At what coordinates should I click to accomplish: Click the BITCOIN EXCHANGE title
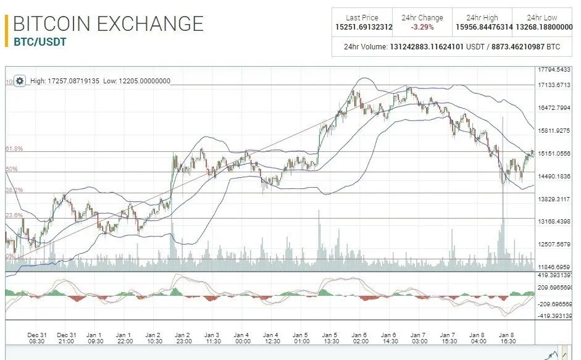(108, 23)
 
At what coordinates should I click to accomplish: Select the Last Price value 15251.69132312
(362, 27)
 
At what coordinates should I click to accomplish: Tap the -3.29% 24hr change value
(422, 27)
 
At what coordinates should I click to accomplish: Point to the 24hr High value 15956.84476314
(483, 27)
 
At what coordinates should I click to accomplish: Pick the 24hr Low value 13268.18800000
(542, 27)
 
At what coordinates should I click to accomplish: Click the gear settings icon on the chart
(20, 81)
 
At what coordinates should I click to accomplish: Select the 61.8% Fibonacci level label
(14, 149)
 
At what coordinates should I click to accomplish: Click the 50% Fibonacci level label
(12, 169)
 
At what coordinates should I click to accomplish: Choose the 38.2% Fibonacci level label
(14, 190)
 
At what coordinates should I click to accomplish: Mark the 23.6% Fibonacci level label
(14, 216)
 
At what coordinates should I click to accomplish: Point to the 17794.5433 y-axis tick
(554, 70)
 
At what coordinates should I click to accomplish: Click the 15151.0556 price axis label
(554, 153)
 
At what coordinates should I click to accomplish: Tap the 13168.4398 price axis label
(554, 221)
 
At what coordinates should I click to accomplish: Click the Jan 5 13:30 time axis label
(330, 338)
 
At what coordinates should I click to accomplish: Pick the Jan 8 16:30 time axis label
(508, 338)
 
